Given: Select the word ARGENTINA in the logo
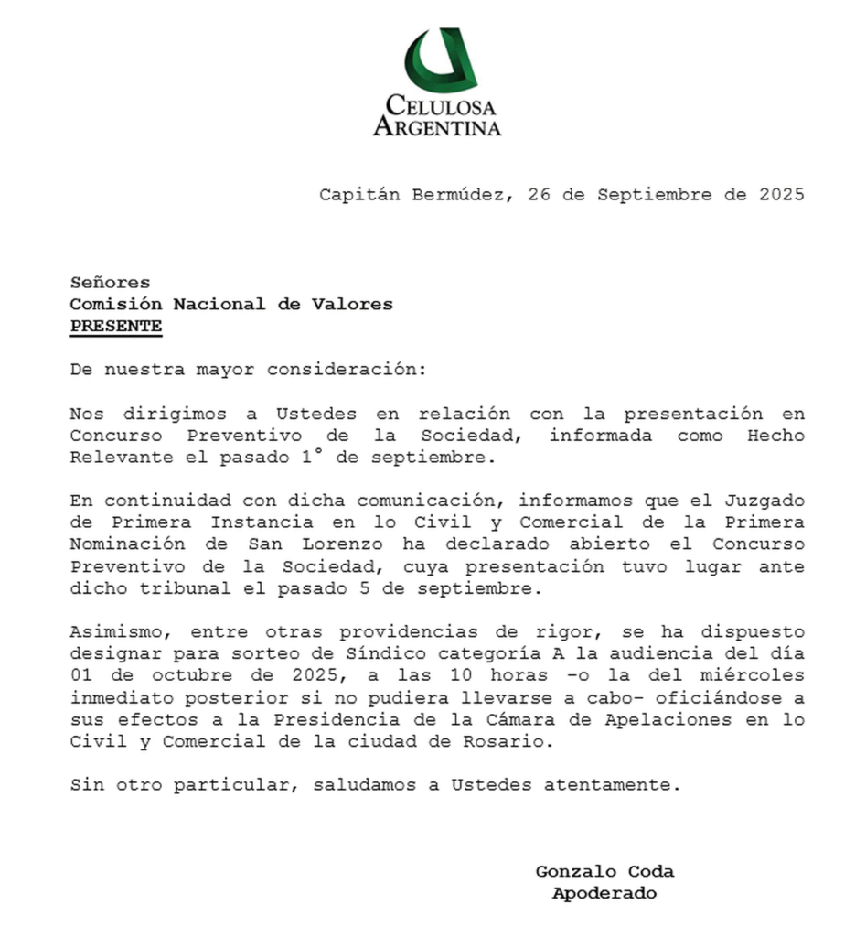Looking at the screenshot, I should click(437, 125).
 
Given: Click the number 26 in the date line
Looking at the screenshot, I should click(539, 194).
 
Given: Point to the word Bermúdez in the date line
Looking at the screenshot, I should click(459, 194).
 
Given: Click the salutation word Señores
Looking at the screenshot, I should click(110, 283).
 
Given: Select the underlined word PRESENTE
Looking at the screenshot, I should click(116, 326).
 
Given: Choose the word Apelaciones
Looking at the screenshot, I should click(672, 719).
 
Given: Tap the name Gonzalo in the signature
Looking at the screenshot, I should click(572, 871).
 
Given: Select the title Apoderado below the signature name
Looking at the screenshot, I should click(604, 893).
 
